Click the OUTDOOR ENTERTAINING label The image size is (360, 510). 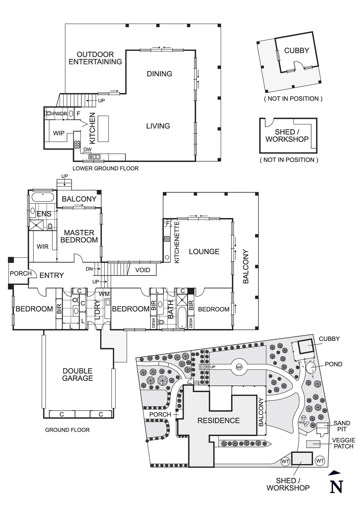[x=95, y=58]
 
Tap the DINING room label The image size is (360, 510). [x=159, y=74]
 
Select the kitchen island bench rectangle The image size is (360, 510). [x=103, y=129]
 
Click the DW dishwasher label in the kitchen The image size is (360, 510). [x=87, y=149]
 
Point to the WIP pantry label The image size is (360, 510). [x=59, y=133]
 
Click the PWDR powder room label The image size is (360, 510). [x=60, y=114]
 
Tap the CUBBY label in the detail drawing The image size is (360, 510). [x=297, y=50]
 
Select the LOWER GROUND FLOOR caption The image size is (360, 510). [x=105, y=169]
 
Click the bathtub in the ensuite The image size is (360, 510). [x=43, y=197]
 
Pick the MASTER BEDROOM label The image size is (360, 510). [x=79, y=236]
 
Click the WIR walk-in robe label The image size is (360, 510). [x=43, y=247]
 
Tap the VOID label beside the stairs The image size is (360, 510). [x=142, y=270]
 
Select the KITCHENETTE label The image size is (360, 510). [x=177, y=242]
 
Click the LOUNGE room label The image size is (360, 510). [x=204, y=252]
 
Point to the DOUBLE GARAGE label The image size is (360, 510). [x=77, y=375]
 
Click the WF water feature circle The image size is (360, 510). [x=239, y=367]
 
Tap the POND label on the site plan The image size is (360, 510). [x=333, y=364]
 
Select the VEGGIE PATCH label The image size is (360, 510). [x=343, y=443]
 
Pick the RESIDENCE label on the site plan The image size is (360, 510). [x=219, y=420]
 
